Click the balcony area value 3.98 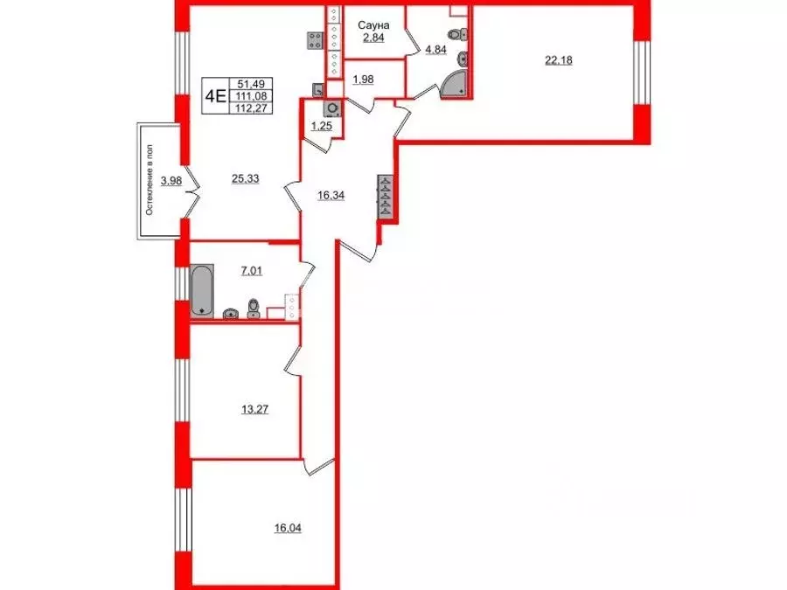(x=172, y=181)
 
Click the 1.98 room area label (x=364, y=80)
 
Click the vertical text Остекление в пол (x=150, y=181)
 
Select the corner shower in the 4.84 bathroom (x=456, y=83)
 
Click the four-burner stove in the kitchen (x=316, y=39)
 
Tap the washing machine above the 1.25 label (x=332, y=109)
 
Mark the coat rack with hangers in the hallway (x=385, y=197)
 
